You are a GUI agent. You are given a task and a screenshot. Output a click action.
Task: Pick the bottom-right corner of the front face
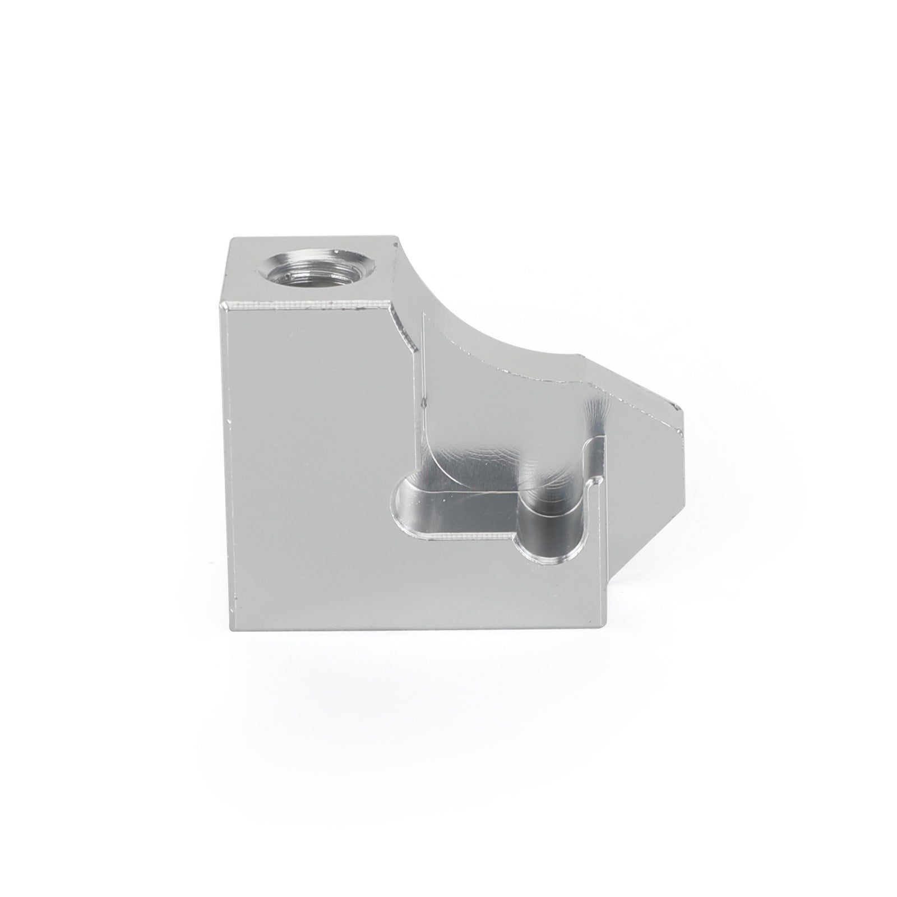[607, 627]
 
